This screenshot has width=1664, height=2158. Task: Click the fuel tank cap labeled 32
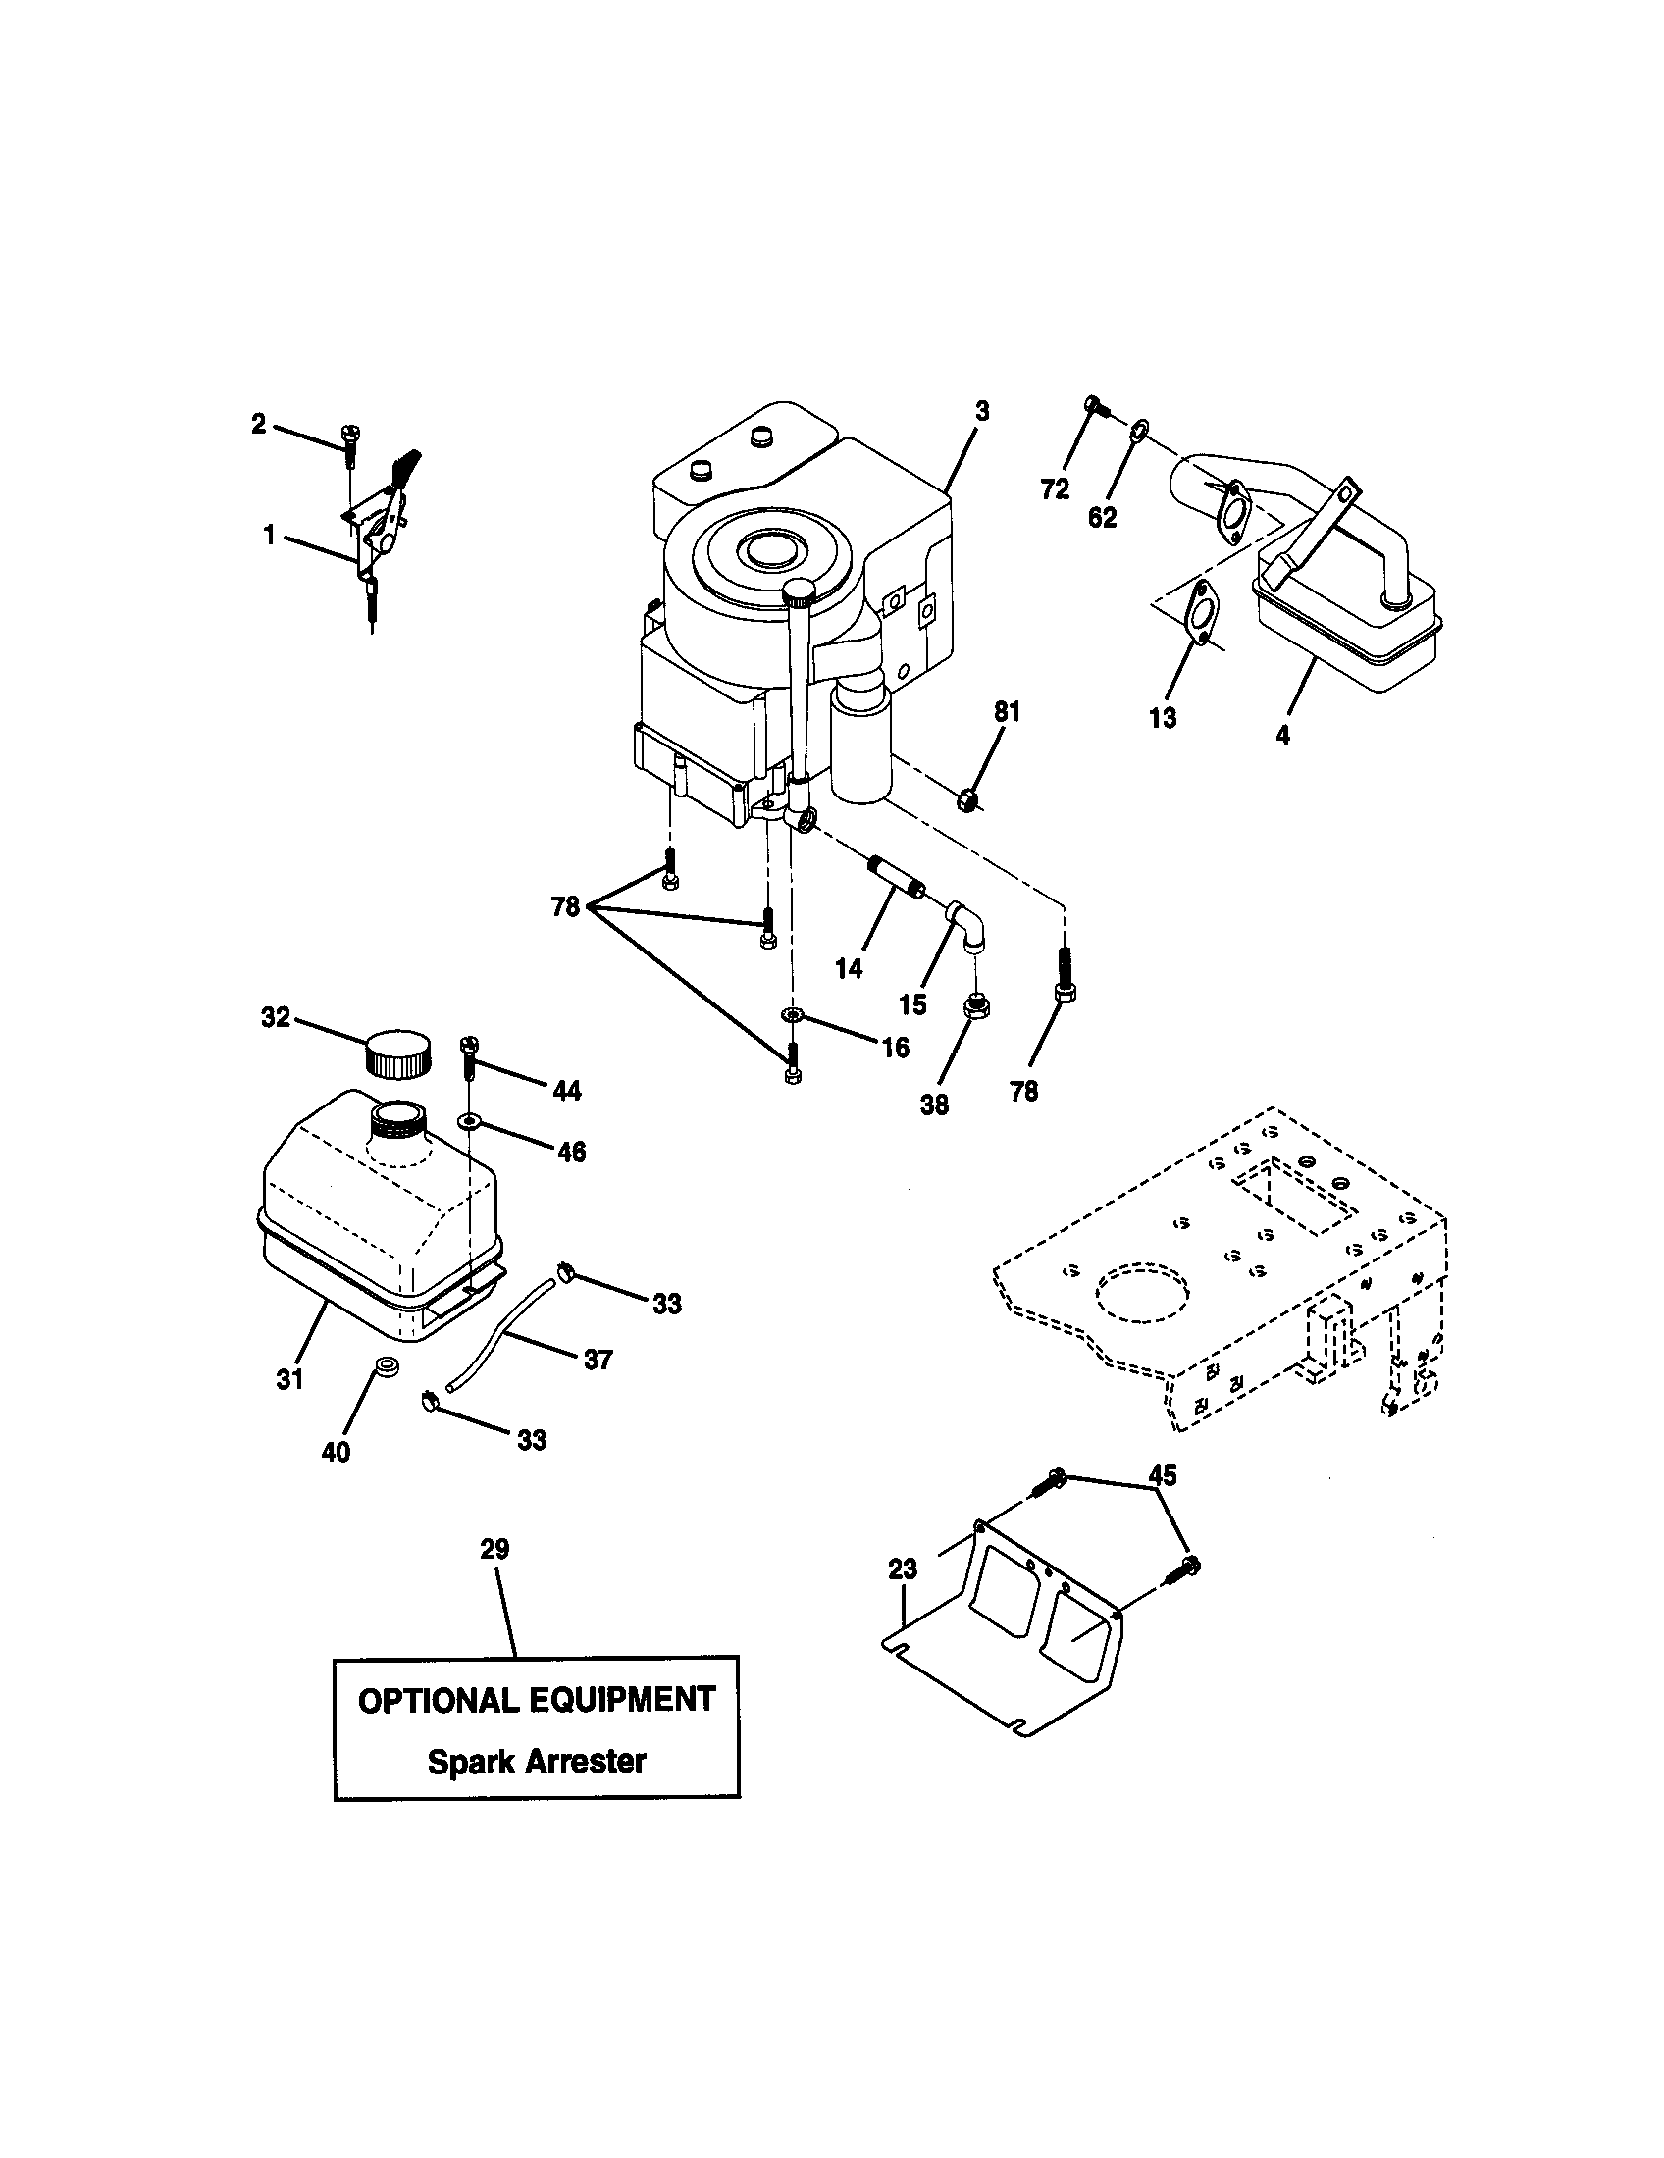point(398,1053)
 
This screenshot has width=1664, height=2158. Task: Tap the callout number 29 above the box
point(495,1549)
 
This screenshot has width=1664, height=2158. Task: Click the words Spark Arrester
point(537,1761)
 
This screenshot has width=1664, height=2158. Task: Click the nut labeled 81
point(969,798)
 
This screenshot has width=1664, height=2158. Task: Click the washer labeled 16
point(791,1016)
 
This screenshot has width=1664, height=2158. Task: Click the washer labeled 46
point(469,1120)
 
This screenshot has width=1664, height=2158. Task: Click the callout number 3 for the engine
point(980,411)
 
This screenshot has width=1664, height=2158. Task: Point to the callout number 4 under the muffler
point(1282,734)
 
